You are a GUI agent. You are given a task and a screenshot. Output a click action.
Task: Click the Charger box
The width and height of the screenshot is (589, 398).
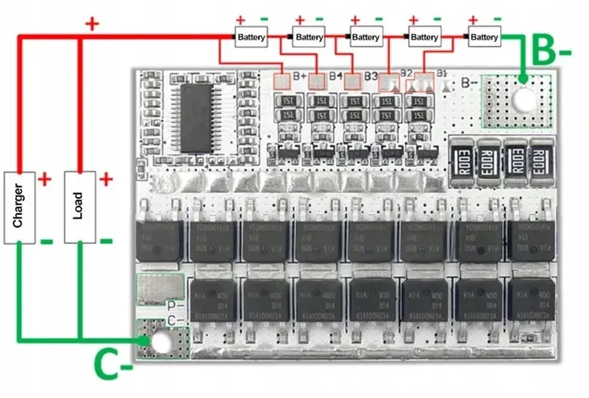(19, 207)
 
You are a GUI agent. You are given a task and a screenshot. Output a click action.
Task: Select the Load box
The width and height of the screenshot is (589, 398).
(78, 207)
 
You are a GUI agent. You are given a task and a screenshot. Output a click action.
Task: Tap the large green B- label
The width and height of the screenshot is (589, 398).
(553, 52)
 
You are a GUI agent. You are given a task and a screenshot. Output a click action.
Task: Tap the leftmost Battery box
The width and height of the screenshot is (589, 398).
(250, 37)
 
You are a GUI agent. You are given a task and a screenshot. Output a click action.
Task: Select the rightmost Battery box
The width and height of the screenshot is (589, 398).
(483, 37)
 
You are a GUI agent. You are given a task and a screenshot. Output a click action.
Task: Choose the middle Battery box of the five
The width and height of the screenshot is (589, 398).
(366, 37)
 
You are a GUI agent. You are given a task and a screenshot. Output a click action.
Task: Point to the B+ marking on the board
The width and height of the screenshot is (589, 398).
(299, 77)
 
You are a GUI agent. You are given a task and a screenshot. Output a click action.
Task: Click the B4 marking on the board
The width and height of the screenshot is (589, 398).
(335, 77)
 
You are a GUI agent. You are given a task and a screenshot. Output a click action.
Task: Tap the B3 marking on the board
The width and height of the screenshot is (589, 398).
(370, 77)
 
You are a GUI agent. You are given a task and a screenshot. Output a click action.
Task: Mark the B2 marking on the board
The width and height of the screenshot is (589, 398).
(406, 73)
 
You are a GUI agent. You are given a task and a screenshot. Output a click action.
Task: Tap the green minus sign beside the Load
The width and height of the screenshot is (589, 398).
(105, 241)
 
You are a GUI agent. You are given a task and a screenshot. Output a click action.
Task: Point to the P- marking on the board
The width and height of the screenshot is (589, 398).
(171, 306)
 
